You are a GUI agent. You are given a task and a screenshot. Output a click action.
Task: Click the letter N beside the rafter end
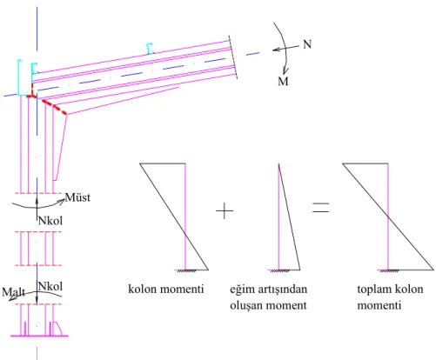coord(307,44)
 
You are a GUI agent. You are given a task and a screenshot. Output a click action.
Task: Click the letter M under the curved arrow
coord(283,81)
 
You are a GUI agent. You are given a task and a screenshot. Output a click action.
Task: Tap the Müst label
coord(77,197)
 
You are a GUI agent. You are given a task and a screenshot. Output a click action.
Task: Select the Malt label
coord(13,292)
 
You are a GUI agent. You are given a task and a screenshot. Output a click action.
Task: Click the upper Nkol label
coord(50,221)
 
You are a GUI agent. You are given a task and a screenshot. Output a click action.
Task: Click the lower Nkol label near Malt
coord(50,286)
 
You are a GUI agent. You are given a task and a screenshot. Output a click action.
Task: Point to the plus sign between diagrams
coord(225,210)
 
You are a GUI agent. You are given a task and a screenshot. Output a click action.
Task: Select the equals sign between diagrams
coord(320,208)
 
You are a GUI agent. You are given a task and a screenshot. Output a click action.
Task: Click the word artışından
coord(282,290)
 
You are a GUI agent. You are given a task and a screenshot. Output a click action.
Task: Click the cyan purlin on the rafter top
coord(150,49)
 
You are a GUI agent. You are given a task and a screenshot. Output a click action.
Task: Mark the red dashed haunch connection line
coord(48,102)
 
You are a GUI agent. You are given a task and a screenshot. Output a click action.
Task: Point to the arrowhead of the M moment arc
coord(285,71)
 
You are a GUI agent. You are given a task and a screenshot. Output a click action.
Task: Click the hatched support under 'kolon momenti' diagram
coord(186,271)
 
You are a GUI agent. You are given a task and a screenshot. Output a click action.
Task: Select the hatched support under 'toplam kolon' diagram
coord(389,271)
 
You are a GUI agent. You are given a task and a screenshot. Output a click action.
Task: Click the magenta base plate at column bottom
coord(39,336)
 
